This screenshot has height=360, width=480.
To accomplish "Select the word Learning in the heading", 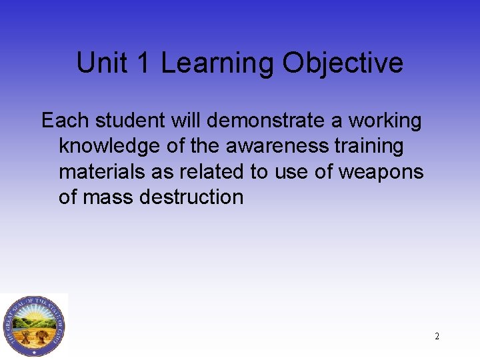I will coord(217,64).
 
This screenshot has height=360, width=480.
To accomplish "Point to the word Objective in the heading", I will coord(343,64).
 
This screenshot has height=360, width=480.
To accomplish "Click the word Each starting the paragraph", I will coord(65,121).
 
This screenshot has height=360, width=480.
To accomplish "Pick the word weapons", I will coord(381,172).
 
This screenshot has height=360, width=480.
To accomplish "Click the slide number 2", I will coord(437,336).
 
